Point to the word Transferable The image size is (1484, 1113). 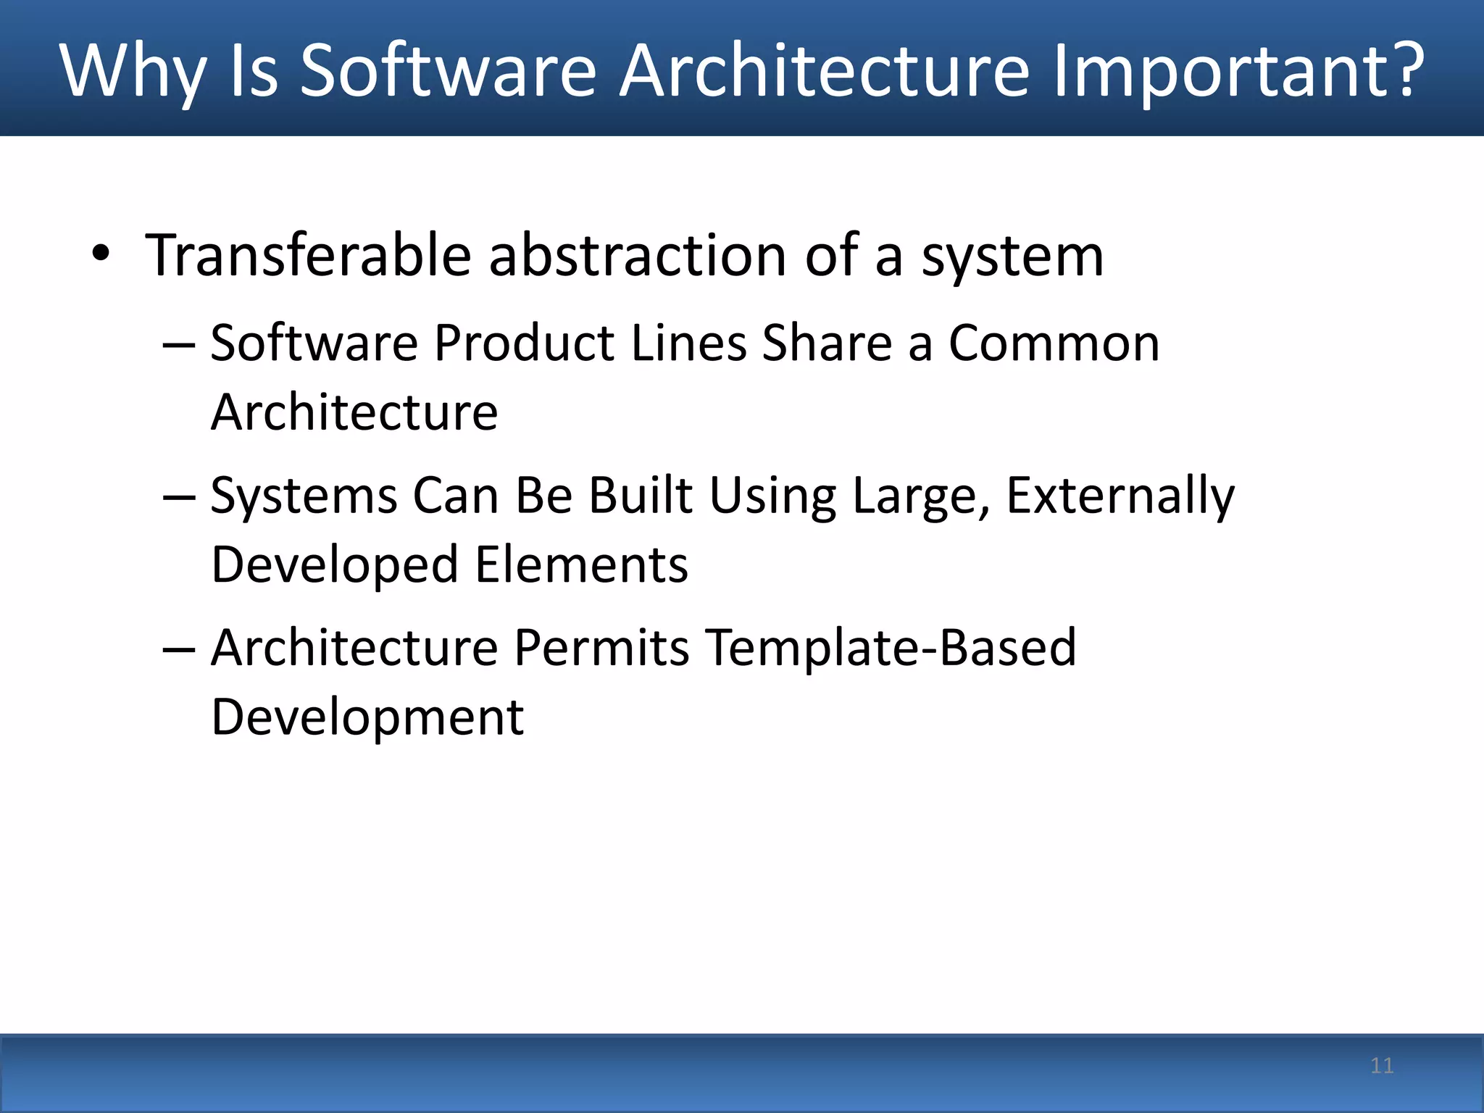[x=308, y=255]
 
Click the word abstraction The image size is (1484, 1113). [x=638, y=255]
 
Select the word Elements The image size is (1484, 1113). [x=581, y=564]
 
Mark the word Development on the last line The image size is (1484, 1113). [x=367, y=717]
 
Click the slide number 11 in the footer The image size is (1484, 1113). [x=1382, y=1065]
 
